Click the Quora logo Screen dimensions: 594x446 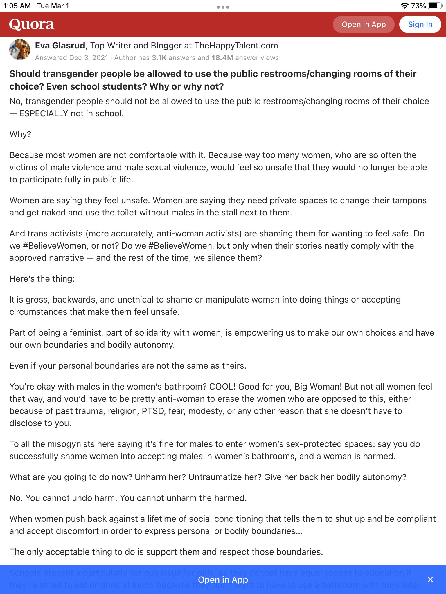point(31,24)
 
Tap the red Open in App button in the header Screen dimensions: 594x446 point(364,24)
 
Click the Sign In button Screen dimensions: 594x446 point(420,24)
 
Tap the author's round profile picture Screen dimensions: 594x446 point(20,50)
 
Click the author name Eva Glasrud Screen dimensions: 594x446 point(60,46)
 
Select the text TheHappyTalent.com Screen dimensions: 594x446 point(236,46)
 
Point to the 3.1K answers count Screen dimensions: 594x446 point(159,58)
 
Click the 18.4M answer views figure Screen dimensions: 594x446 point(222,58)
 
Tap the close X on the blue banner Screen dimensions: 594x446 point(430,579)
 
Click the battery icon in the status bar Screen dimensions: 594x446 point(435,6)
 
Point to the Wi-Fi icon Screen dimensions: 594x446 point(404,6)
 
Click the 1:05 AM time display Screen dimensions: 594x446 point(17,6)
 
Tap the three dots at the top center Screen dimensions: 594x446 point(223,7)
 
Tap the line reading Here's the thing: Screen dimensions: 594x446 point(42,279)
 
